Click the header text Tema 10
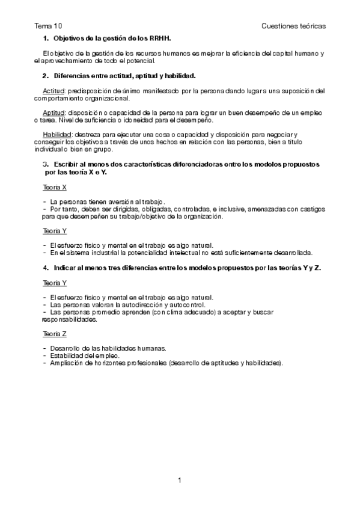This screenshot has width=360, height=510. (48, 26)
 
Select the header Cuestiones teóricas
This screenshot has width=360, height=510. (294, 26)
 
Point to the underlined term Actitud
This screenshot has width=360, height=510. (46, 91)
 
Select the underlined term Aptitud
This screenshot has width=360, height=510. (46, 112)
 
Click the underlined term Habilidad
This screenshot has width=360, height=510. (49, 134)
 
